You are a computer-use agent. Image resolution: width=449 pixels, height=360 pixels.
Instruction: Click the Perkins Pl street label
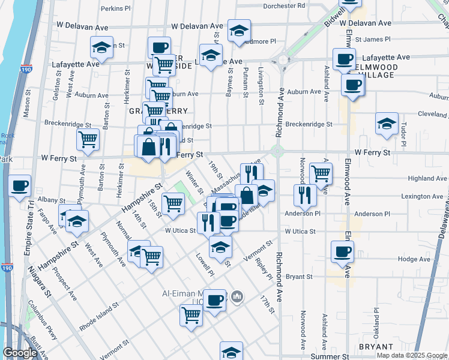116,8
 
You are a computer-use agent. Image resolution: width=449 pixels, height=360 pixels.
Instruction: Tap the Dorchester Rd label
285,5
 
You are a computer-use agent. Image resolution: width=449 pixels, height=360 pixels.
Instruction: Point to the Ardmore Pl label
260,41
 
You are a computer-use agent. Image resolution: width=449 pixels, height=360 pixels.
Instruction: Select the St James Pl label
373,40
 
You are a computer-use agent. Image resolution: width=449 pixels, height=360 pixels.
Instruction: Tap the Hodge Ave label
414,259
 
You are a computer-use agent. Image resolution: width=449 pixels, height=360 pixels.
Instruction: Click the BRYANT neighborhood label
375,347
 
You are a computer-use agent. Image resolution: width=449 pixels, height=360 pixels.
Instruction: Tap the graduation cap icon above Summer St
231,352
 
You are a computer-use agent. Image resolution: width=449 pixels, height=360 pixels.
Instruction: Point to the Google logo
20,353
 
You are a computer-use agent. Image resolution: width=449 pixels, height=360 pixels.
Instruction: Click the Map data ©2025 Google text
412,355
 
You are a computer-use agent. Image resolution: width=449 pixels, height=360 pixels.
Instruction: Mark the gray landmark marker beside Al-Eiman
238,296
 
